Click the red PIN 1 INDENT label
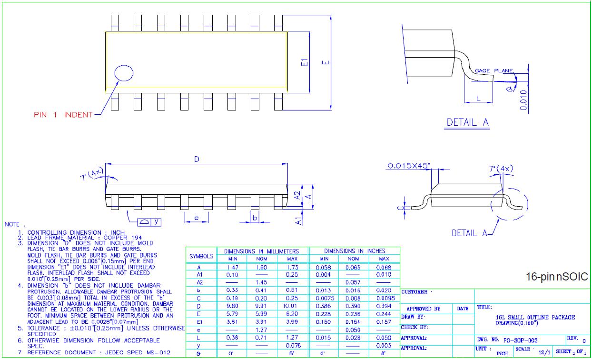(x=63, y=115)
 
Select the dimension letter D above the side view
(x=196, y=160)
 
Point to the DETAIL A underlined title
(x=467, y=122)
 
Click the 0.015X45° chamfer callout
(x=409, y=166)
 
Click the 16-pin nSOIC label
(x=557, y=277)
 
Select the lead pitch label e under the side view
(x=196, y=218)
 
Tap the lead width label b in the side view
(x=255, y=218)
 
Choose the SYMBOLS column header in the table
(x=201, y=256)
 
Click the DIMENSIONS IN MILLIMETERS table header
(x=262, y=251)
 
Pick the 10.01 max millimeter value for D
(x=292, y=306)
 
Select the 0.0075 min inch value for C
(x=324, y=298)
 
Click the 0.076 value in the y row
(x=292, y=345)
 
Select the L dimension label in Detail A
(x=478, y=98)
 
